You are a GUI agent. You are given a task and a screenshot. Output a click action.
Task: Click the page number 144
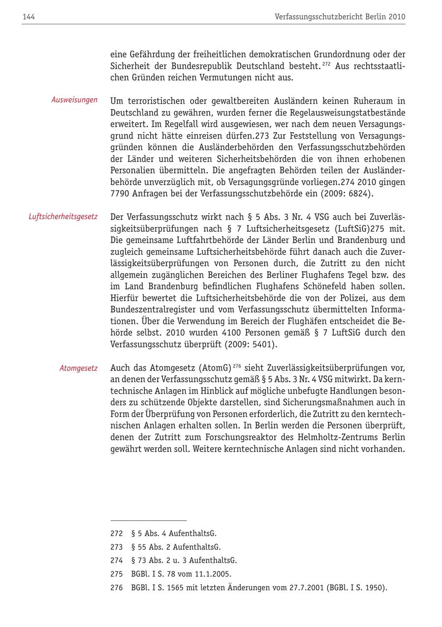[28, 17]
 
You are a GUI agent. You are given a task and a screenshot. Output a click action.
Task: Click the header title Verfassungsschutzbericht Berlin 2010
[340, 17]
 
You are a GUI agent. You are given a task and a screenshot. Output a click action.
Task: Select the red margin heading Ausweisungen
[74, 100]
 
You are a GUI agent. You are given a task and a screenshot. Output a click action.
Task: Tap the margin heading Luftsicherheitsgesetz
[63, 216]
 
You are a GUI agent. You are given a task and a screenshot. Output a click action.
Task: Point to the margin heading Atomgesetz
[79, 368]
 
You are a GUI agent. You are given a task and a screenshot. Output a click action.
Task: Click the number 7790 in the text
[119, 194]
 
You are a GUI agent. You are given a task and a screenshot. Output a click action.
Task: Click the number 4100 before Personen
[233, 333]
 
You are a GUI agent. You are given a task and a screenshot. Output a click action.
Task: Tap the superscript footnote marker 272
[327, 64]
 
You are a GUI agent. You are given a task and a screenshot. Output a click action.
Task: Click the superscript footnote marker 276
[237, 366]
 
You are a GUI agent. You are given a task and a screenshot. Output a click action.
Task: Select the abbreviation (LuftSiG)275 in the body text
[362, 228]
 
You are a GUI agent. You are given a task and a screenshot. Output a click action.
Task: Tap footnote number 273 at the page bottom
[116, 547]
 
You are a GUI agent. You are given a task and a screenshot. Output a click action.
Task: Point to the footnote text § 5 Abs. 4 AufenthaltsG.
[174, 534]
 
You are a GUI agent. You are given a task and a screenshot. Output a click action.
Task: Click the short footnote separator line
[148, 520]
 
